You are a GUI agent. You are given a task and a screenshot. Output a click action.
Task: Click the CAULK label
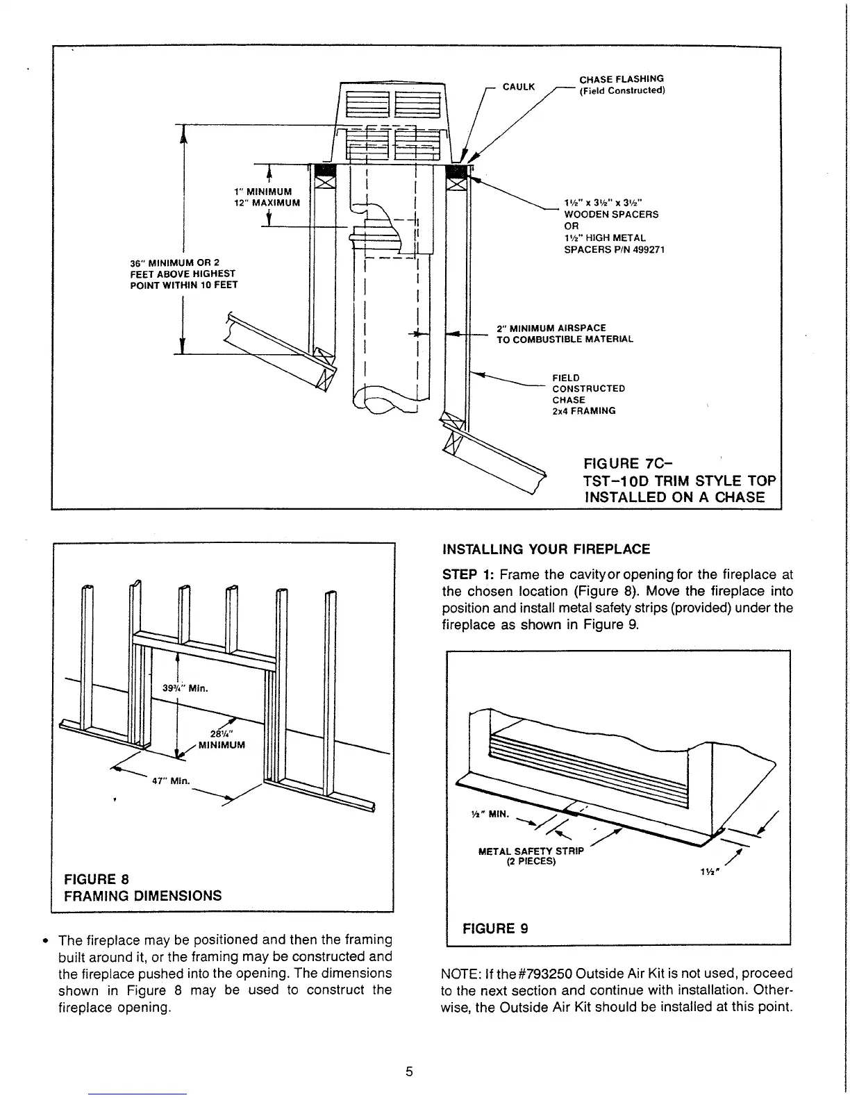518,87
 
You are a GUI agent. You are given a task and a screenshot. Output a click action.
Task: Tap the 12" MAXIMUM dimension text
267,203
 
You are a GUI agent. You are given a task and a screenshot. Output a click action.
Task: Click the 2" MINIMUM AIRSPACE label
551,328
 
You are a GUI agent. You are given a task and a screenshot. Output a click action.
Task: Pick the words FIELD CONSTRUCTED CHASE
588,389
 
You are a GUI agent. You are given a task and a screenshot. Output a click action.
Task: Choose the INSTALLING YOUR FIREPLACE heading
546,549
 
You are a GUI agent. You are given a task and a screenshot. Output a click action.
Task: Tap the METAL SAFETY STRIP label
532,851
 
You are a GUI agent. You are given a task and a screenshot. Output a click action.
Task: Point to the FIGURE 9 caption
495,928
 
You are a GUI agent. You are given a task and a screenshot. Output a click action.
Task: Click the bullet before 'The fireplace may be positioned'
45,941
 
